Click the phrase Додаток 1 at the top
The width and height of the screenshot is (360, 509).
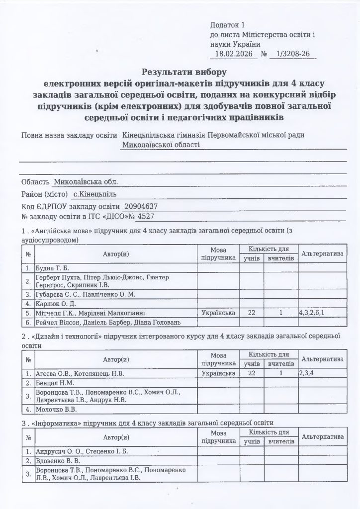tap(228, 25)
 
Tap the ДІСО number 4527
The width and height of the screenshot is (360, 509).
tap(145, 217)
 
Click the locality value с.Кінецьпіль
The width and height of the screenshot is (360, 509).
tap(96, 194)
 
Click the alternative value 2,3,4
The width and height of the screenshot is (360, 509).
tap(306, 373)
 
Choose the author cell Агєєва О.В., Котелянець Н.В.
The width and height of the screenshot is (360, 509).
tap(80, 373)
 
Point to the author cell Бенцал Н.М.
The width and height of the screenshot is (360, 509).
tap(55, 383)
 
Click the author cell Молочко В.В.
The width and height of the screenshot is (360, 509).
tap(56, 410)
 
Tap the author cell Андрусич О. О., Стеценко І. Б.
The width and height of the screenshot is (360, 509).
tap(82, 451)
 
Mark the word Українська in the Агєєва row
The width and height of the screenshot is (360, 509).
tap(218, 373)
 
